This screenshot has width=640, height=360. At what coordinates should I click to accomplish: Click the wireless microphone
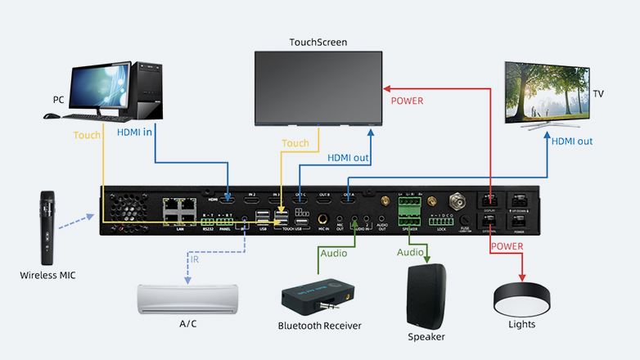tap(47, 225)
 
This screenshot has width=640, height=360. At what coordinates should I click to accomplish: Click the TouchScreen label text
tap(318, 42)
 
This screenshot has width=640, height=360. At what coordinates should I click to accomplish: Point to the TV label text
tap(598, 94)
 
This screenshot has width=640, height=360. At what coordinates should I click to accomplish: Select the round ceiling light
tap(521, 296)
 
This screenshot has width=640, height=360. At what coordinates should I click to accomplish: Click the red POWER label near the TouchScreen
tap(408, 101)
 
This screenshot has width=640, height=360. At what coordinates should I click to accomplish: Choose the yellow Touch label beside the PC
tap(88, 135)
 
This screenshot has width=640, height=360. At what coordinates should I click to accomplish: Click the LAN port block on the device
tap(180, 211)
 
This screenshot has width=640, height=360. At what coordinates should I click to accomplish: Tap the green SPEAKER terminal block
tap(408, 211)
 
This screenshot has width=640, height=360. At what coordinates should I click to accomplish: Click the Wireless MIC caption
tap(47, 276)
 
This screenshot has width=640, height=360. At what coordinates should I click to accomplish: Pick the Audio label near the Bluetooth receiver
tap(333, 253)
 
